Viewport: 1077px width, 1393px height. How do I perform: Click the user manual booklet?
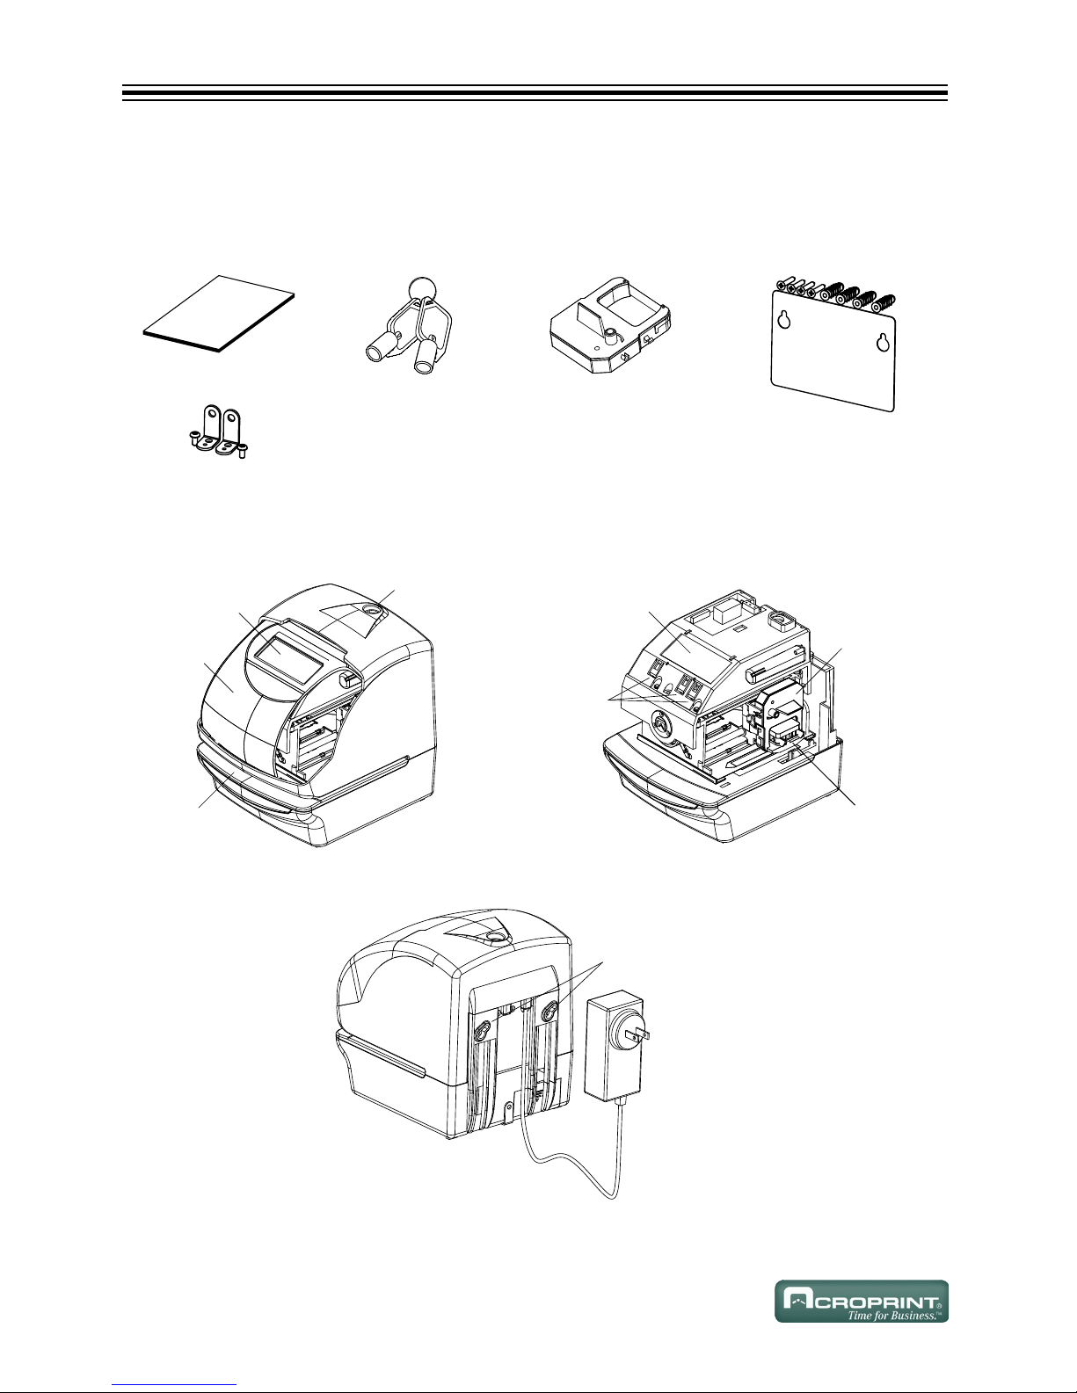click(219, 314)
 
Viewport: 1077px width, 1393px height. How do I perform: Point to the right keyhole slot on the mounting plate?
click(884, 343)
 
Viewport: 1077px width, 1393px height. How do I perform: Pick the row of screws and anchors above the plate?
click(835, 293)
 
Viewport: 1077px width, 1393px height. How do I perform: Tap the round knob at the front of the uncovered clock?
click(659, 726)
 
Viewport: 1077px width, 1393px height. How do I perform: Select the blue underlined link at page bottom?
click(174, 1387)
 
